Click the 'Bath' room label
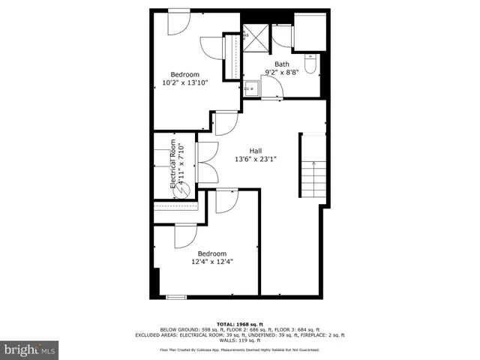pos(281,64)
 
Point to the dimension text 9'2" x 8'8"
pos(281,73)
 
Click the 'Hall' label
pos(256,151)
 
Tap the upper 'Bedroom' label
pos(184,74)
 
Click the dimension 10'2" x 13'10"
pos(184,82)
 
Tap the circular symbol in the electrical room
pos(181,192)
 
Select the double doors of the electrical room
pos(206,161)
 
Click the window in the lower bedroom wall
pos(175,297)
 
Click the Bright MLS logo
pos(29,349)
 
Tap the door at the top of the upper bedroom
pos(178,22)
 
